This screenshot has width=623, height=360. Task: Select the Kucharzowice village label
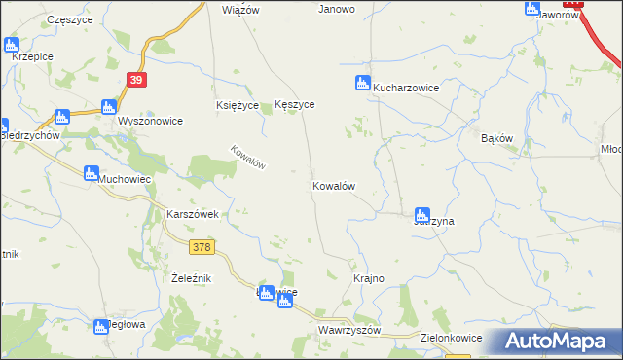click(x=407, y=88)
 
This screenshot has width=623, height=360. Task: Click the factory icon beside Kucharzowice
click(x=363, y=83)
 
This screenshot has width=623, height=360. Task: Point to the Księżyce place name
click(x=238, y=105)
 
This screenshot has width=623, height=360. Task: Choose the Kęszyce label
click(x=295, y=104)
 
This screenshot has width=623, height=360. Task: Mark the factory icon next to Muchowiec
click(x=91, y=173)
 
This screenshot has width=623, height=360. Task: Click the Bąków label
click(x=496, y=139)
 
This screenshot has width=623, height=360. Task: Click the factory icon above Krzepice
click(x=12, y=44)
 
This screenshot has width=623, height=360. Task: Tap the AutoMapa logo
click(x=558, y=342)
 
